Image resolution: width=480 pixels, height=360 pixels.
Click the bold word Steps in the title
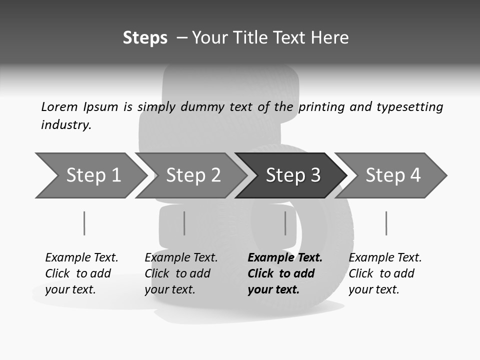(x=145, y=38)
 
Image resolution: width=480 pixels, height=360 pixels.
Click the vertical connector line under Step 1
(x=84, y=223)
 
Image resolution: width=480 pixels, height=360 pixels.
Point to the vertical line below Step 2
(x=184, y=223)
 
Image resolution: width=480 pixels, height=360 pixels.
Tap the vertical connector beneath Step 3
(x=285, y=223)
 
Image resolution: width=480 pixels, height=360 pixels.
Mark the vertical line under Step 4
(x=386, y=223)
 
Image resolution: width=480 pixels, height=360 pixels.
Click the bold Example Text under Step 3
(x=284, y=258)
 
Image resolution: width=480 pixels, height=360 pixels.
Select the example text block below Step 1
(x=81, y=273)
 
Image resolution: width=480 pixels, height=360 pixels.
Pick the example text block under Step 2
(x=180, y=273)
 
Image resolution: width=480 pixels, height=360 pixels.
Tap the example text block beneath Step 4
(x=384, y=273)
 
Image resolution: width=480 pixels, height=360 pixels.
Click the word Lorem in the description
(x=59, y=106)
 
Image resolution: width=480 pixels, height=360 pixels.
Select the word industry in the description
(x=66, y=125)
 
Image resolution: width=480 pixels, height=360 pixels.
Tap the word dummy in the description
(x=202, y=107)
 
